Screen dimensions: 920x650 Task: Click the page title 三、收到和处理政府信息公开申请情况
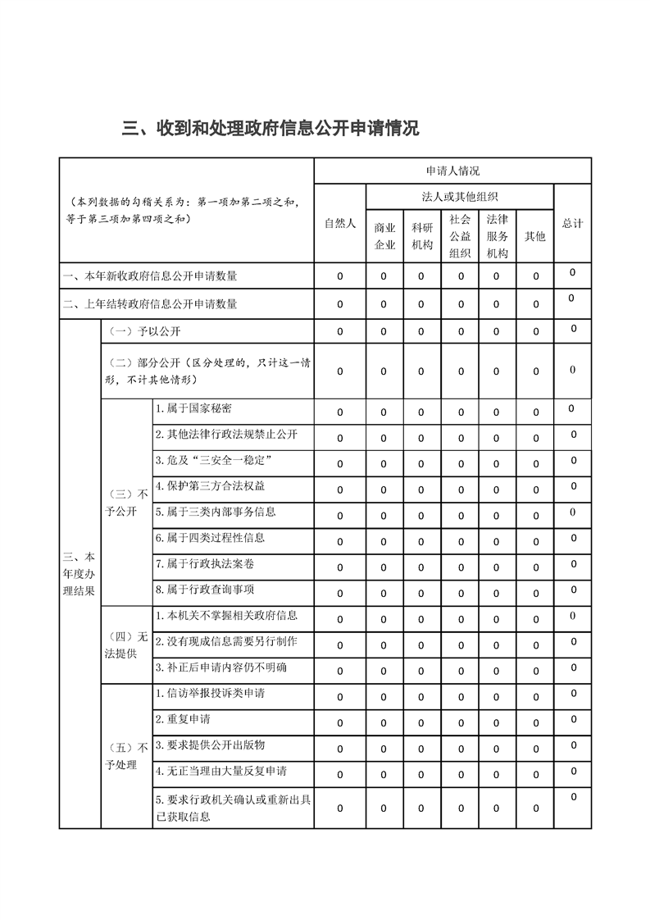point(270,129)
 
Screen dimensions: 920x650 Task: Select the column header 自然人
point(339,223)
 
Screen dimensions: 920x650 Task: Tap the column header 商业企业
point(384,235)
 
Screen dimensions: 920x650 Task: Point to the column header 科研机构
point(421,235)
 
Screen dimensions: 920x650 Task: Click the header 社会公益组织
point(460,235)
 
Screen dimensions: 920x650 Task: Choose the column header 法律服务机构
point(497,235)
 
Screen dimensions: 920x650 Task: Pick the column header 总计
point(572,223)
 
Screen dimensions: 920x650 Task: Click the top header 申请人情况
point(452,171)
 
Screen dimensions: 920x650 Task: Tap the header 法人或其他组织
point(460,196)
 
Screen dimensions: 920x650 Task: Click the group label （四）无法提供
point(127,644)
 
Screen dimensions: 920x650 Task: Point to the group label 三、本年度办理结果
point(80,574)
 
